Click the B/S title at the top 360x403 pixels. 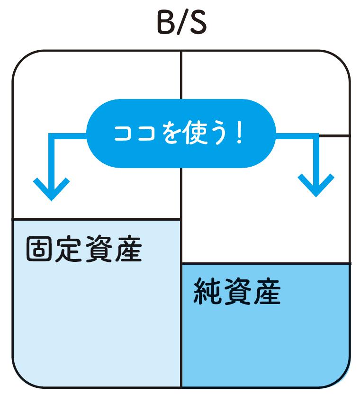coord(182,23)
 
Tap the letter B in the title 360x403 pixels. coord(166,23)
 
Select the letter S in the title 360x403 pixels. coord(197,23)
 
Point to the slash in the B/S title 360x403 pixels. coord(181,23)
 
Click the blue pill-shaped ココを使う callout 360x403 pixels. coord(181,134)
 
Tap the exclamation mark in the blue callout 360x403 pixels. coord(240,134)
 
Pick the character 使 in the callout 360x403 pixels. coord(196,133)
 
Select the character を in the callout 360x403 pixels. coord(172,134)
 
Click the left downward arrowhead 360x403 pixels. coord(52,189)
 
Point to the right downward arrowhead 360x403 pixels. coord(316,186)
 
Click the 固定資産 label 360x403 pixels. coord(84,249)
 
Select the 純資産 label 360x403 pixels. coord(237,291)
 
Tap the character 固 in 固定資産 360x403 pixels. coord(39,249)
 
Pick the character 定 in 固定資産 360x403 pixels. coord(69,249)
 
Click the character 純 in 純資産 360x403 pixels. coord(207,291)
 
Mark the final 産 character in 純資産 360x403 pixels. coord(267,291)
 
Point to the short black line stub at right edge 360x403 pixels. coord(334,135)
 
